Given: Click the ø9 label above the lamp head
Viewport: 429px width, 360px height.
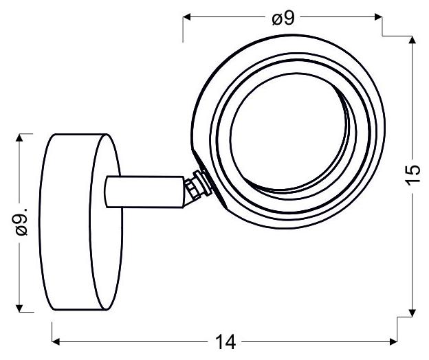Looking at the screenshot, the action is pos(283,19).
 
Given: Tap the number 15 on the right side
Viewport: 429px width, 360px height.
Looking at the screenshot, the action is pos(412,175).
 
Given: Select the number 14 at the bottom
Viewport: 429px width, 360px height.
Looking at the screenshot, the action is pos(225,342).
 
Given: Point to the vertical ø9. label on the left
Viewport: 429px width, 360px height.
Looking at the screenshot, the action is pos(21,222).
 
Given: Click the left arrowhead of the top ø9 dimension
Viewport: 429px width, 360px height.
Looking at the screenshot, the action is pos(187,17).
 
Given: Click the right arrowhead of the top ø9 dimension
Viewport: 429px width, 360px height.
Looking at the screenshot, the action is pos(378,17).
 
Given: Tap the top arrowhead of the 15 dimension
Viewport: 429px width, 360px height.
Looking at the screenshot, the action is pos(412,40).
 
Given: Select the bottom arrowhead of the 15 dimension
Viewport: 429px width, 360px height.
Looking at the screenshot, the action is pos(412,313).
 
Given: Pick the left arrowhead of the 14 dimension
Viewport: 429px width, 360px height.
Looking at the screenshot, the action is pos(56,341).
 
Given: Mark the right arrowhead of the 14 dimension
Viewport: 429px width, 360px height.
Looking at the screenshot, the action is pos(393,341).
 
